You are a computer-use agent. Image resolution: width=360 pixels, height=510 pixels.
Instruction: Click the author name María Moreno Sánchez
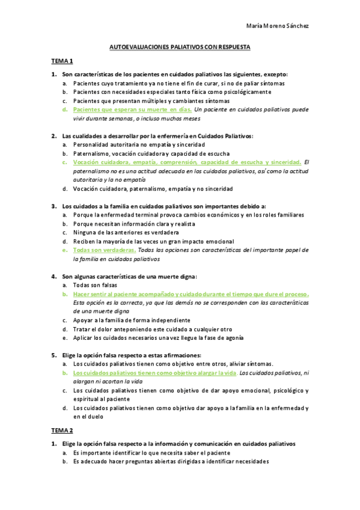[x=278, y=26]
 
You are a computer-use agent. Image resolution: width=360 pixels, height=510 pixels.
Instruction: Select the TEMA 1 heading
[x=62, y=61]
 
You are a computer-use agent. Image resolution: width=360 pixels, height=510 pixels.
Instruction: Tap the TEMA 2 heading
[x=62, y=431]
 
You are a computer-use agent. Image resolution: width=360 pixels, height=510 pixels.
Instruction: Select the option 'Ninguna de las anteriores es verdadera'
[x=133, y=232]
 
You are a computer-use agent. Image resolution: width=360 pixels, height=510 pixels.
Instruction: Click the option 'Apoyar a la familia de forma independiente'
[x=132, y=321]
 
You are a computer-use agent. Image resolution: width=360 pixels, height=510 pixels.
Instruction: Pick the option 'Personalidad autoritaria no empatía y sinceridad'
[x=139, y=144]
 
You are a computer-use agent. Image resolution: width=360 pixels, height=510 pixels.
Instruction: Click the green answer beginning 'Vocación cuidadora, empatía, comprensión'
[x=186, y=162]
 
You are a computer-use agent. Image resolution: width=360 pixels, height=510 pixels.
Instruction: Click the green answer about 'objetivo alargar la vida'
[x=154, y=373]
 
